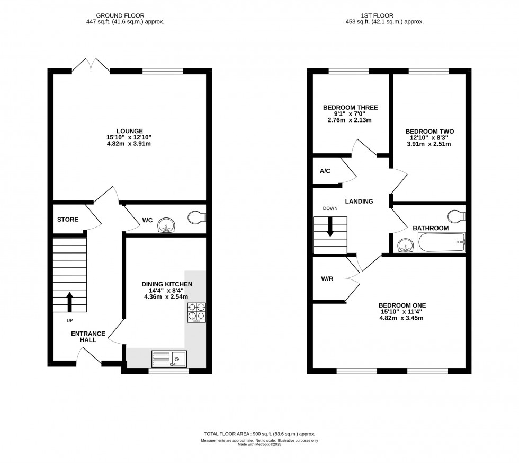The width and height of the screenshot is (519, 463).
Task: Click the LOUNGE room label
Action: coord(130,131)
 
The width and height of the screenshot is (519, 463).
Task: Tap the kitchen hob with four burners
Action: coord(196,312)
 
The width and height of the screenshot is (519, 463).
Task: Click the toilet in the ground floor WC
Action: coord(198,217)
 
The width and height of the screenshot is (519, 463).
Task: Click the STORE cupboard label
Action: coord(68,220)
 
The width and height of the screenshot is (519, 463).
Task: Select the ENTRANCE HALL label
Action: coord(84,336)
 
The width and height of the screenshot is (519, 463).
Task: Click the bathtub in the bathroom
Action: coord(441,243)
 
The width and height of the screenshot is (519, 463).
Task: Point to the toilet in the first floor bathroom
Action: coord(456,217)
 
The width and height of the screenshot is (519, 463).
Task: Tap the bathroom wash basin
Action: coord(405,246)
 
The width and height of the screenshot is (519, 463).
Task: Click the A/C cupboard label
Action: coord(325,171)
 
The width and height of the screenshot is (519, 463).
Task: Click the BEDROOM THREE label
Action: coord(350,108)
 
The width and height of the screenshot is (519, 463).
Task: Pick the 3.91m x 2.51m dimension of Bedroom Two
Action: coord(429,143)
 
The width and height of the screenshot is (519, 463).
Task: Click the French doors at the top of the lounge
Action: coord(91,67)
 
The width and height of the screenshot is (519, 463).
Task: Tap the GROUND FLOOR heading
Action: coord(130,15)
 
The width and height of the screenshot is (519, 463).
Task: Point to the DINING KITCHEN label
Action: coord(166,284)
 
